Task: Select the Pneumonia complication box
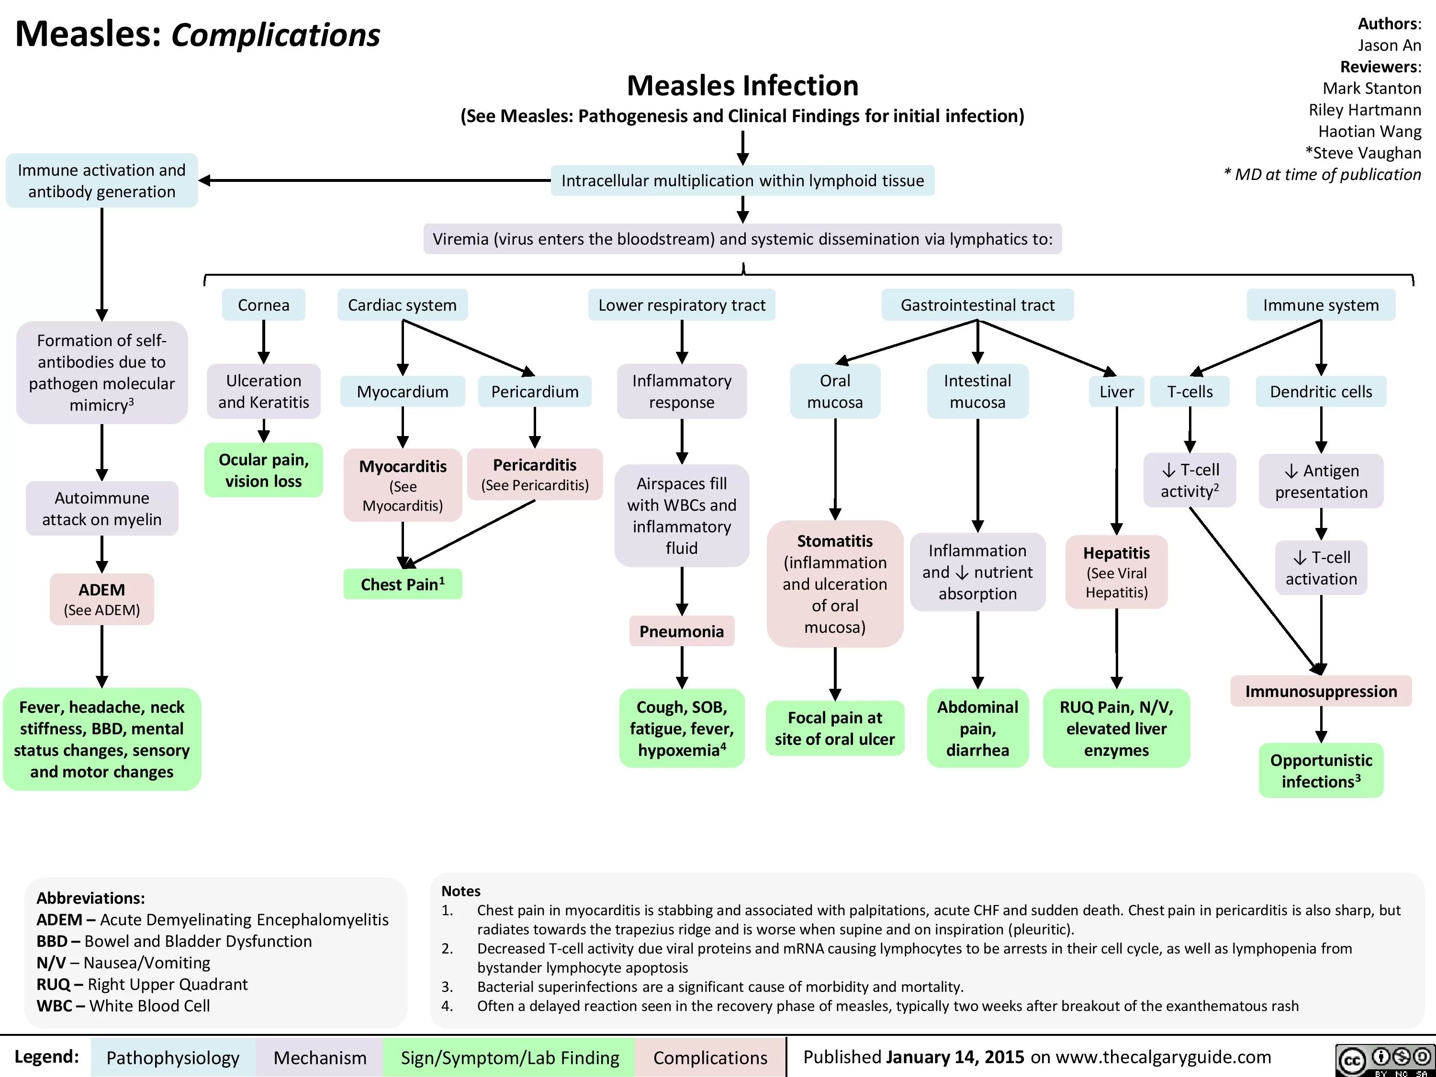(681, 631)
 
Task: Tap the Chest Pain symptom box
(403, 584)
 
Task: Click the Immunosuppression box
(1321, 691)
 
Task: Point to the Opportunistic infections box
(1321, 771)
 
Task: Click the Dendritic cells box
(1321, 392)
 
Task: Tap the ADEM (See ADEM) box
(102, 598)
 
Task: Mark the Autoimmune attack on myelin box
(102, 508)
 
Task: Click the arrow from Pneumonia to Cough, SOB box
(682, 667)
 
